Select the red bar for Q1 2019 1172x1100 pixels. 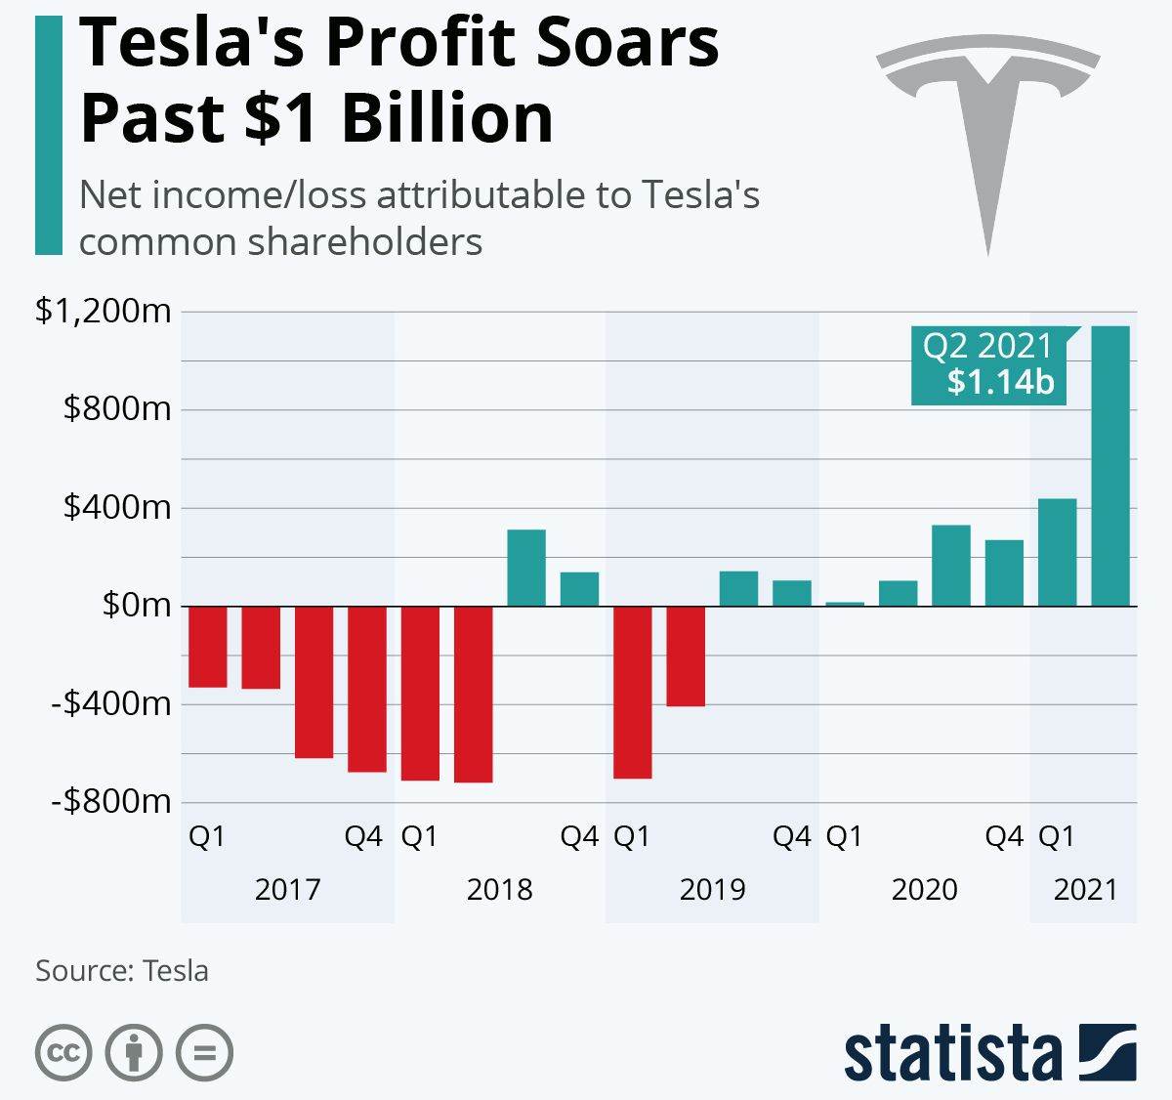(x=632, y=692)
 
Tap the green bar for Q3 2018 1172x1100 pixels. (x=526, y=568)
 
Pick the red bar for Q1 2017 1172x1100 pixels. (x=207, y=646)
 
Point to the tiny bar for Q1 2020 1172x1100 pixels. (x=845, y=604)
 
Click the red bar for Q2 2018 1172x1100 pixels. (x=474, y=694)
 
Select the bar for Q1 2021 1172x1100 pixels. (x=1058, y=552)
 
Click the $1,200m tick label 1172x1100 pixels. (x=104, y=312)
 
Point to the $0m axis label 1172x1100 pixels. (x=137, y=606)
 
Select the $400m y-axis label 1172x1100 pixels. (x=117, y=508)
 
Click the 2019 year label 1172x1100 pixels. (x=712, y=889)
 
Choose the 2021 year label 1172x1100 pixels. (x=1085, y=889)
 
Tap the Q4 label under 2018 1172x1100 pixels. (x=579, y=837)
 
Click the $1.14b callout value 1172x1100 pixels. (x=1001, y=382)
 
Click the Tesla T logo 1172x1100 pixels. (x=986, y=127)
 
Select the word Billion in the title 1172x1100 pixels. (x=446, y=118)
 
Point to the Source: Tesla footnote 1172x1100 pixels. (x=122, y=971)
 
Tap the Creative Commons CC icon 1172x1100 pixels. (x=63, y=1053)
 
